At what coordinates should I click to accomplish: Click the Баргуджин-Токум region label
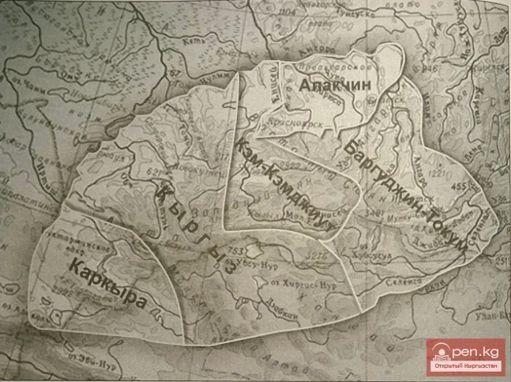click(x=404, y=181)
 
